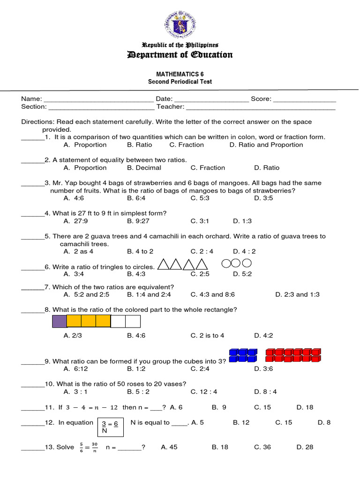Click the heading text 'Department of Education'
click(x=180, y=55)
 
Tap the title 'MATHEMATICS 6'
click(x=180, y=74)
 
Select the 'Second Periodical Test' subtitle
click(x=180, y=82)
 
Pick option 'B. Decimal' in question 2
click(x=144, y=168)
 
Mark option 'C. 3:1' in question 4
click(x=199, y=221)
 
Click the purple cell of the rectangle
click(x=59, y=321)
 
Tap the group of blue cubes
click(x=243, y=355)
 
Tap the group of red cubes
click(x=293, y=355)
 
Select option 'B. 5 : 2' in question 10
click(x=138, y=392)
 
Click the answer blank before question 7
click(x=33, y=287)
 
